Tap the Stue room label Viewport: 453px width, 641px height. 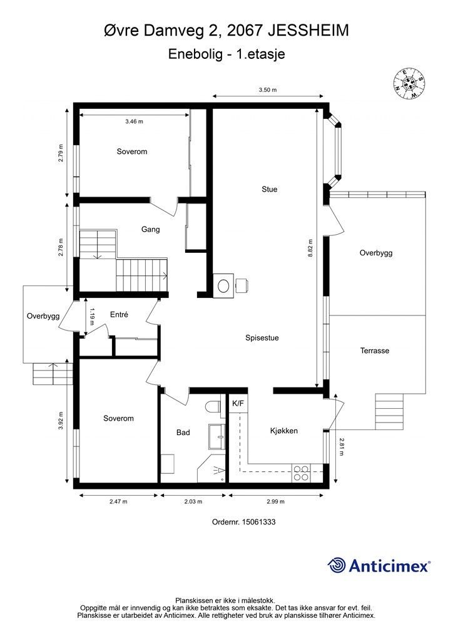tap(270, 189)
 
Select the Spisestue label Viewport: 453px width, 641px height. tap(262, 338)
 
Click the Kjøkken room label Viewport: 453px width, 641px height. tap(284, 431)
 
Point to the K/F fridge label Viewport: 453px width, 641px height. tap(238, 404)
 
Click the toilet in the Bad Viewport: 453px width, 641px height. tap(215, 408)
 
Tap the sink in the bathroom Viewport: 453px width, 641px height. tap(217, 436)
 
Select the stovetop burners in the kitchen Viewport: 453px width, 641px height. tap(301, 473)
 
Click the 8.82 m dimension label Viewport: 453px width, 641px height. tap(310, 248)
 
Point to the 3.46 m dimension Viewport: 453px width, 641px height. tap(135, 121)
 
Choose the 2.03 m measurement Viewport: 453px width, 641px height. tap(193, 501)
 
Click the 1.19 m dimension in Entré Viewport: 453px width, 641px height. tap(93, 316)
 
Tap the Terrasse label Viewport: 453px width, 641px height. tap(375, 351)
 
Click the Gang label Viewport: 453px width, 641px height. tap(150, 229)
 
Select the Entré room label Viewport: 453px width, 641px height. tap(120, 315)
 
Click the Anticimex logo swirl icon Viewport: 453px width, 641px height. tap(337, 565)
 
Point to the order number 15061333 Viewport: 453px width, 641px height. tap(259, 522)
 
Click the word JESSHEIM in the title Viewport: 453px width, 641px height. tap(308, 31)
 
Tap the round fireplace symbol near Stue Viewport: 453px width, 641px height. tap(223, 285)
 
